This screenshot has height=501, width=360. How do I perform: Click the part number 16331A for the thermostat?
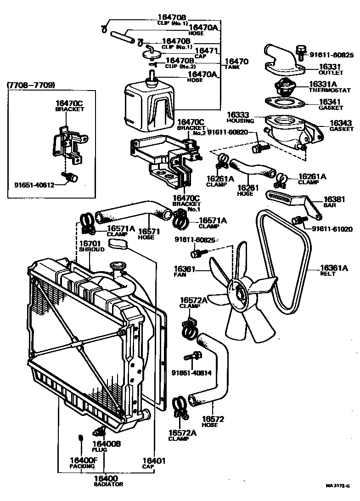(x=323, y=84)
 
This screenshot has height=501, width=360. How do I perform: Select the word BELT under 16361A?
(x=328, y=274)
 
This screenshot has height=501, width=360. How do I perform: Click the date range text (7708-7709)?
(x=31, y=85)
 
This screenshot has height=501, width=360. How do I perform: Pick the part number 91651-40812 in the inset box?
(x=34, y=186)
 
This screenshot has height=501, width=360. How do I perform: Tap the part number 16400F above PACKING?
(x=83, y=460)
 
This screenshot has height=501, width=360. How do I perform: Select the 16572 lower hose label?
(x=212, y=419)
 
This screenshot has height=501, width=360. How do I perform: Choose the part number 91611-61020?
(x=332, y=228)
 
